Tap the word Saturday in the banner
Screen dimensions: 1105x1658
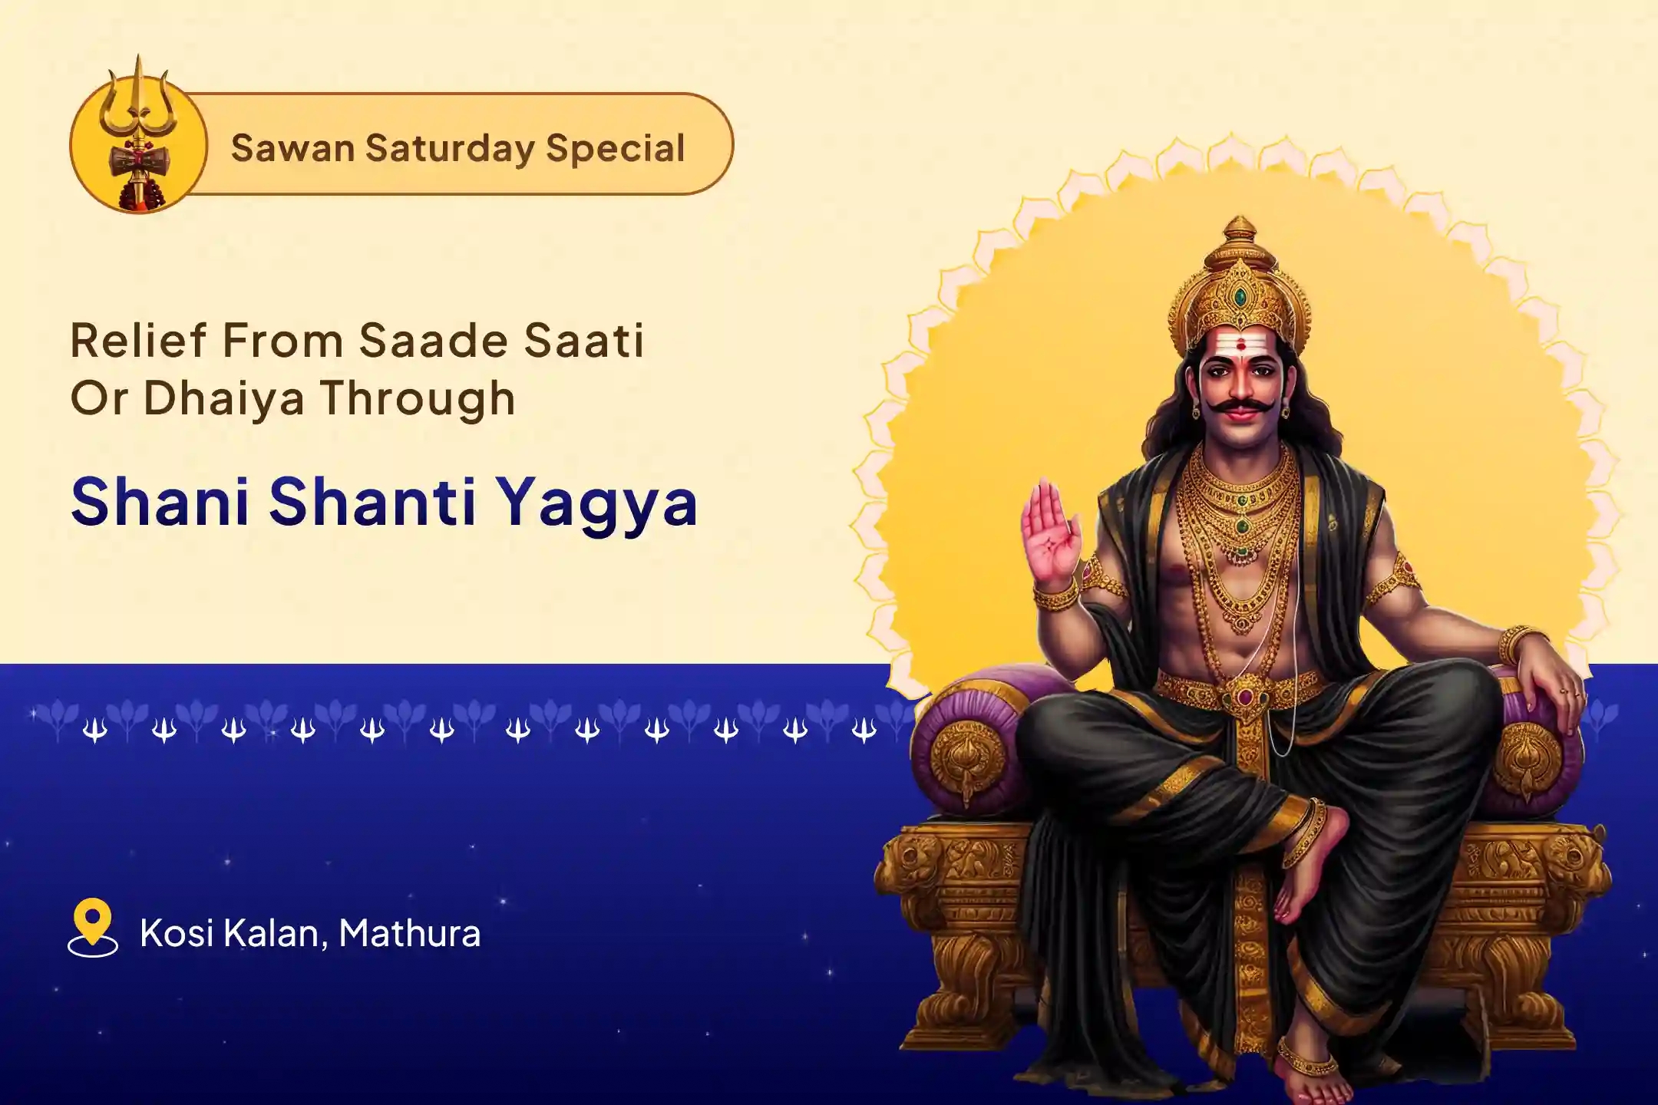449,148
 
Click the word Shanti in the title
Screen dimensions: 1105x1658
373,503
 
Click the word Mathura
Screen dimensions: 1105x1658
410,933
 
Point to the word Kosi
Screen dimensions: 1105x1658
176,933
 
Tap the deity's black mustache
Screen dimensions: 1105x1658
1237,405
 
